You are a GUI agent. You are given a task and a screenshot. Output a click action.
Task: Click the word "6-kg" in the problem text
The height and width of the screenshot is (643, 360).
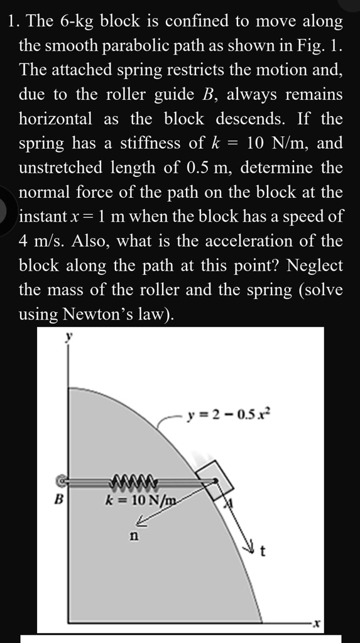pos(77,21)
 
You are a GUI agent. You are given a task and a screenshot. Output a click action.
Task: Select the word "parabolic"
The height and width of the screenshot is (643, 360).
pos(133,46)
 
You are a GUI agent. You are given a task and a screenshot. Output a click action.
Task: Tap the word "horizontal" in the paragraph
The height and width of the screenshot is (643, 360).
pos(55,119)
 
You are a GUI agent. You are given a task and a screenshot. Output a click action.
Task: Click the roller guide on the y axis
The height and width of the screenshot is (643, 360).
pos(63,482)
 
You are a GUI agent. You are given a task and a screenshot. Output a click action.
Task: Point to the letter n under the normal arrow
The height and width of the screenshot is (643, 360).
pos(133,536)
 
